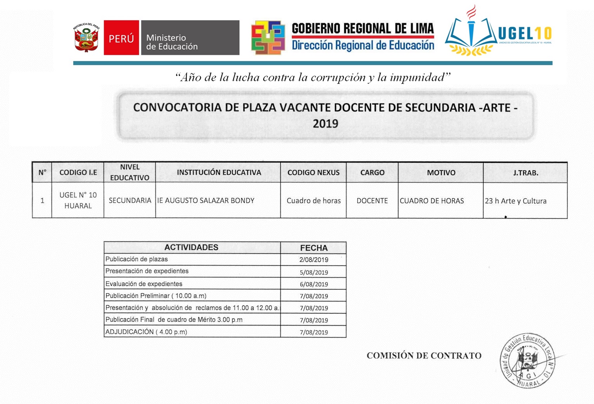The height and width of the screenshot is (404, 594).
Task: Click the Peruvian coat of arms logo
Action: [x=86, y=38]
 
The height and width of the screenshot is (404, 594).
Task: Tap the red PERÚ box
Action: [x=121, y=38]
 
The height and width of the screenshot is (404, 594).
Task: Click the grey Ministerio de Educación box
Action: [x=190, y=38]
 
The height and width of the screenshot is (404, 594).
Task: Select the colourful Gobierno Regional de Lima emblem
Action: [x=268, y=38]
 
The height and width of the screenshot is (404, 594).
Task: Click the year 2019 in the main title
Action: [x=325, y=124]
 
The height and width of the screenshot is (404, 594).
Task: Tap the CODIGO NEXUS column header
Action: [x=313, y=173]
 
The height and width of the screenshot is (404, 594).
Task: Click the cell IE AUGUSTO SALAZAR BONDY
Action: [x=206, y=201]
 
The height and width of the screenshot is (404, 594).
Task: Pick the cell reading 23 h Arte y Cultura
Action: [x=515, y=201]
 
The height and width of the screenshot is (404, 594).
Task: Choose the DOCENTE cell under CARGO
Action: [x=372, y=201]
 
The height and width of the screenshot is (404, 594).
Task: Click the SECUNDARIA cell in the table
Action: [x=130, y=201]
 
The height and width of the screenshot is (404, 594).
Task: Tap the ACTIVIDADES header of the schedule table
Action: [x=191, y=247]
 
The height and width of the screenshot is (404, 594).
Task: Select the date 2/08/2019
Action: [x=314, y=260]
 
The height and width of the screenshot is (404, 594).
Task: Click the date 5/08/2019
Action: [x=314, y=272]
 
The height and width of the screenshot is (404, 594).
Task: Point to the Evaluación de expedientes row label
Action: [x=144, y=284]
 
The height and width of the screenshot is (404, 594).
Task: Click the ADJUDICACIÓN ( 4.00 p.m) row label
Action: [x=146, y=332]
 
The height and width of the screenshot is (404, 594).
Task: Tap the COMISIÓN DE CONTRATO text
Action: [x=424, y=355]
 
